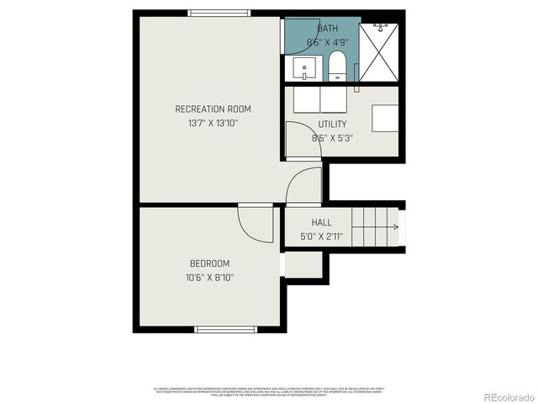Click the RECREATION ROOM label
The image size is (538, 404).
click(x=213, y=109)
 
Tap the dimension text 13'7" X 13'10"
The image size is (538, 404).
click(x=213, y=123)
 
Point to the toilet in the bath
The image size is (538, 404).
click(x=337, y=66)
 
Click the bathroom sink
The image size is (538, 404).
click(x=304, y=67)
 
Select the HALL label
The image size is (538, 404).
click(x=321, y=222)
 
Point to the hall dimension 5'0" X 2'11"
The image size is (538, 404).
click(x=322, y=237)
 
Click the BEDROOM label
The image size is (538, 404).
click(x=209, y=263)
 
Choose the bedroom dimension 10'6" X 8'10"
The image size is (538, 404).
click(x=209, y=278)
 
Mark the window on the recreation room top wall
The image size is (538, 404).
click(x=219, y=13)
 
